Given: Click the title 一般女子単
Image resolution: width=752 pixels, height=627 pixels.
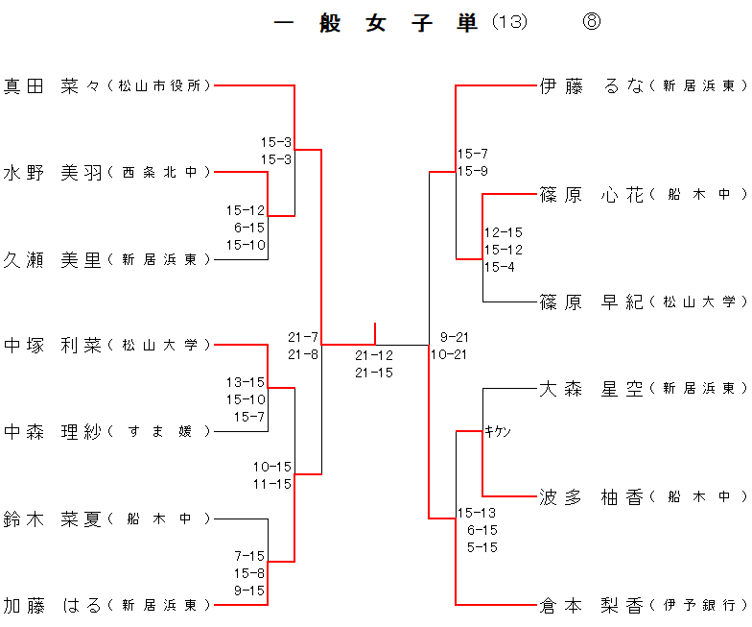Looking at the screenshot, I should [376, 24].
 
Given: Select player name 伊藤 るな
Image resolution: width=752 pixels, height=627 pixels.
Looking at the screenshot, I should [592, 86].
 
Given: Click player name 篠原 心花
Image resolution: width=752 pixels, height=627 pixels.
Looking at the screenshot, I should [592, 195].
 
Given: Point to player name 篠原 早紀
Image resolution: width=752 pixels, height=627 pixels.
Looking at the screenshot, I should [592, 302].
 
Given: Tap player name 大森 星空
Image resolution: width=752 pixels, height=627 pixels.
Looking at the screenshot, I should [592, 389].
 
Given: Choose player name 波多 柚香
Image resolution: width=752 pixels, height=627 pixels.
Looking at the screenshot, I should [592, 497].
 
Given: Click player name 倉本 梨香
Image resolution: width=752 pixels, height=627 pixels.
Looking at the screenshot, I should [592, 605].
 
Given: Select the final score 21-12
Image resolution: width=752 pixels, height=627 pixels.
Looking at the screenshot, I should [374, 355].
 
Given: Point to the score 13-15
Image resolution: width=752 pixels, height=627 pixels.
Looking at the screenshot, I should [246, 382].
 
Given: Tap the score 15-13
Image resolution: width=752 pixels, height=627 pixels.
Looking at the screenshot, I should [477, 513].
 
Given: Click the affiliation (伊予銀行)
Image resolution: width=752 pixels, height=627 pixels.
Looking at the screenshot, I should [698, 605].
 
